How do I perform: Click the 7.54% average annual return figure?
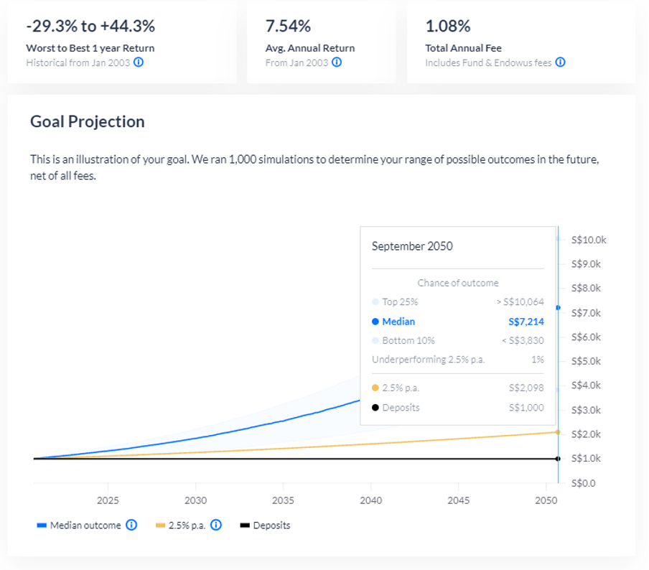point(288,27)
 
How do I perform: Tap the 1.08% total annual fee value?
point(448,27)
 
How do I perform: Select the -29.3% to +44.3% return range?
point(90,27)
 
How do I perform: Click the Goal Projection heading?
point(87,121)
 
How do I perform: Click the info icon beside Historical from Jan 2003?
point(139,62)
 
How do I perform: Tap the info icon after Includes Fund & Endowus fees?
point(560,62)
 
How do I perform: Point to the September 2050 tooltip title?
point(412,246)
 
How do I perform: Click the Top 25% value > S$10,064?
point(520,302)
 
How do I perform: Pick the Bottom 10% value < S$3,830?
point(522,340)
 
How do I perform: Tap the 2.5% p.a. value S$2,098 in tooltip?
point(526,388)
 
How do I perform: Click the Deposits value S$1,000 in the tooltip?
point(526,408)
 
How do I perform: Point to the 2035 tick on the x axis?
point(284,500)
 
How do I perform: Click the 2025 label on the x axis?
point(108,500)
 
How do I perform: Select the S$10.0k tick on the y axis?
point(588,240)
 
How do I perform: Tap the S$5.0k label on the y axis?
point(587,361)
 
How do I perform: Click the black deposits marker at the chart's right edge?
point(558,458)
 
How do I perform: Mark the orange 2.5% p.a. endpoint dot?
point(558,431)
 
